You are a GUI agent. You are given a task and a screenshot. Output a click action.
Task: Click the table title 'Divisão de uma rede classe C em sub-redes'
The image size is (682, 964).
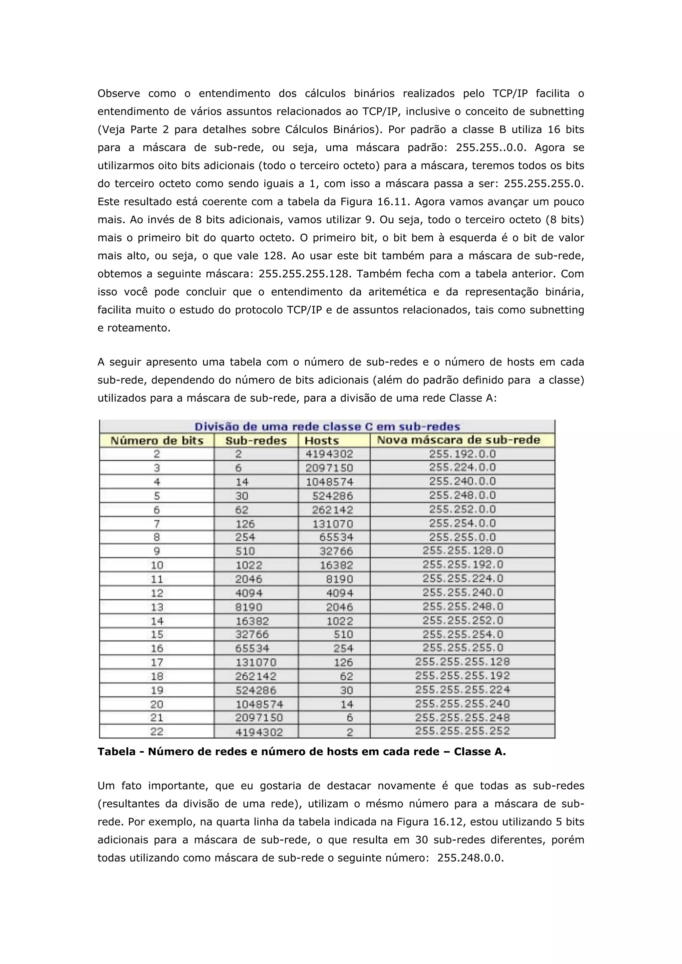pos(327,427)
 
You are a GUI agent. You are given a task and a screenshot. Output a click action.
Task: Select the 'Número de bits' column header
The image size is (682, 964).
pos(157,440)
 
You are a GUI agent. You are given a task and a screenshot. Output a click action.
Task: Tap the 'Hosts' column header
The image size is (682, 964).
pos(322,440)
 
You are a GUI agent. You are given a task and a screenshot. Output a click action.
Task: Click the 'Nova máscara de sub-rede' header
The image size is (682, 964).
pos(458,440)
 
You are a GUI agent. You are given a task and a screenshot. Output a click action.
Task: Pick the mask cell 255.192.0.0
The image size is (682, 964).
pos(462,454)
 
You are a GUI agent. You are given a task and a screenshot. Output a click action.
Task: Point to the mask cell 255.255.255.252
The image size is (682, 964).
pos(462,731)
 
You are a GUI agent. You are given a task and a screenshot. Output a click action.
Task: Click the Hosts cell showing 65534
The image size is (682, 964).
pos(336,537)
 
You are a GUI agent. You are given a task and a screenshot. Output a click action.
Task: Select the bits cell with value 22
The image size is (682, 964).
pos(157,731)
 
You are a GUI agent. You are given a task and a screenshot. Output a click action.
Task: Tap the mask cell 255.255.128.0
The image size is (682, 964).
pos(462,551)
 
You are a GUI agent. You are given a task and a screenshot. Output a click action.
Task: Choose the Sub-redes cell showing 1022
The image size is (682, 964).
pos(249,565)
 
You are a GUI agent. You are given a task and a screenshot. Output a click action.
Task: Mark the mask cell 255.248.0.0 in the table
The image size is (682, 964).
pos(462,495)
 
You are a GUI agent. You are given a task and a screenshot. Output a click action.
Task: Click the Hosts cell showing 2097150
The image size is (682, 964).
pos(329,468)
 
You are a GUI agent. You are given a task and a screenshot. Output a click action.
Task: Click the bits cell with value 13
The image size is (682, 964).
pos(157,607)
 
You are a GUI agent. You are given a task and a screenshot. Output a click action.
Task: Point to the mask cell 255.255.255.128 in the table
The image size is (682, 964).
pos(462,662)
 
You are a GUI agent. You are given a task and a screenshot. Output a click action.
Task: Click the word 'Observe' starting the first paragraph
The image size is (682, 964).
pos(119,93)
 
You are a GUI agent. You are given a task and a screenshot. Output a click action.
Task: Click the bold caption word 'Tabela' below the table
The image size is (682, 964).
pos(116,752)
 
